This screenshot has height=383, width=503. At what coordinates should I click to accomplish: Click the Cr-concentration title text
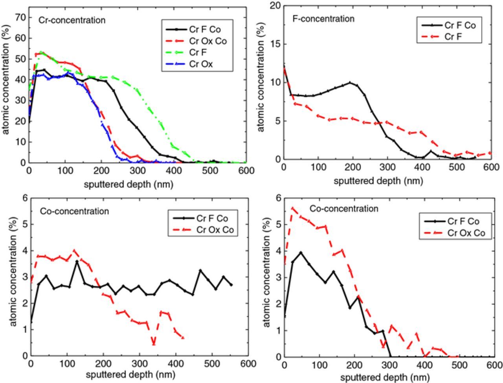pyautogui.click(x=72, y=20)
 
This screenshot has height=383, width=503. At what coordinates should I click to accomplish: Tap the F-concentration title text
pyautogui.click(x=323, y=18)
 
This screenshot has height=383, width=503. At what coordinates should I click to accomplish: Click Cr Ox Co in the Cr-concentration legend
pyautogui.click(x=207, y=41)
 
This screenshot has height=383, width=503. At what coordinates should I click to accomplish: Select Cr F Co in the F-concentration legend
pyautogui.click(x=460, y=26)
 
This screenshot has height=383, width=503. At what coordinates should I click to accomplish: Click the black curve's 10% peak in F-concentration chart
pyautogui.click(x=350, y=82)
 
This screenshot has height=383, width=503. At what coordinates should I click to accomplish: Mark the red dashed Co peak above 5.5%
pyautogui.click(x=292, y=208)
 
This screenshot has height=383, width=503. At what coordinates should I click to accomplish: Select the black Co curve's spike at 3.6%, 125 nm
pyautogui.click(x=77, y=261)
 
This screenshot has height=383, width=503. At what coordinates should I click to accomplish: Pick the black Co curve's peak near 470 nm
pyautogui.click(x=200, y=270)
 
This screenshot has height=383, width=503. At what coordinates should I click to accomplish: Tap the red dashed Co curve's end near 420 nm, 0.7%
pyautogui.click(x=183, y=337)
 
